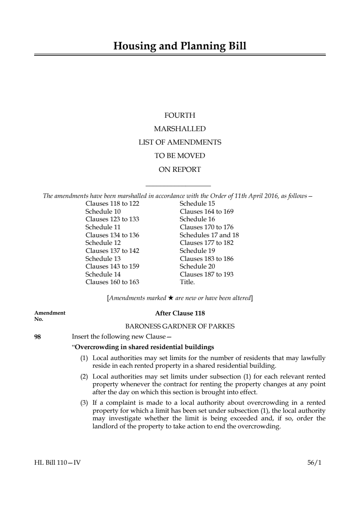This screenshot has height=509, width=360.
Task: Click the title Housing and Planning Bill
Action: point(180,46)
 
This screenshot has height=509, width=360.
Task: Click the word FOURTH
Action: point(180,116)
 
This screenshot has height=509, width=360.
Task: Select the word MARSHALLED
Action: point(180,129)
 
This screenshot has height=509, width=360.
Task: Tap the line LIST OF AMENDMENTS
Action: point(180,142)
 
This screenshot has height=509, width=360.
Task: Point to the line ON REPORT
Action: point(180,169)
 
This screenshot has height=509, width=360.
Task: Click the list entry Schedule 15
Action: point(197,203)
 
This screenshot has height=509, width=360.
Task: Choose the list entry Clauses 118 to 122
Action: point(112,203)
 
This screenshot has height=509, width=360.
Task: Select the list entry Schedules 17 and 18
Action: point(209,235)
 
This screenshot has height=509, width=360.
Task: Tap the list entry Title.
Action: point(187,282)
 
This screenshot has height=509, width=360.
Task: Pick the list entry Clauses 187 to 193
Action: point(206,274)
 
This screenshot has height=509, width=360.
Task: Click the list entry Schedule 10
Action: point(103,211)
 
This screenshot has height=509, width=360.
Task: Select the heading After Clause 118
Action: point(180,313)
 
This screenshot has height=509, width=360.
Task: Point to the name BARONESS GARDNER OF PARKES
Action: point(180,326)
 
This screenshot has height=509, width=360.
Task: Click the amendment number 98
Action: point(37,337)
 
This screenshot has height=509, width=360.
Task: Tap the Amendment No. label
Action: point(49,316)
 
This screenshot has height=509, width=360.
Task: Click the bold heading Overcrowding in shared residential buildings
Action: point(144,347)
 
